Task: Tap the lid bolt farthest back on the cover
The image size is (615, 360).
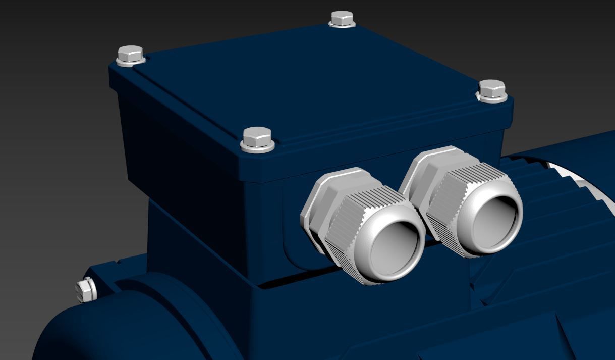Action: [x=342, y=18]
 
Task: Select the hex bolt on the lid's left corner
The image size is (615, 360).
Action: [x=130, y=53]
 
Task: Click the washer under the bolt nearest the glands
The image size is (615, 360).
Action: [x=257, y=147]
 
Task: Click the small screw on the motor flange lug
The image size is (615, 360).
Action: [x=86, y=290]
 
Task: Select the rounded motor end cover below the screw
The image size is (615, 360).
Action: [x=126, y=328]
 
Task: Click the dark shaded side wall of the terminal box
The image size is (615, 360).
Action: [x=182, y=151]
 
